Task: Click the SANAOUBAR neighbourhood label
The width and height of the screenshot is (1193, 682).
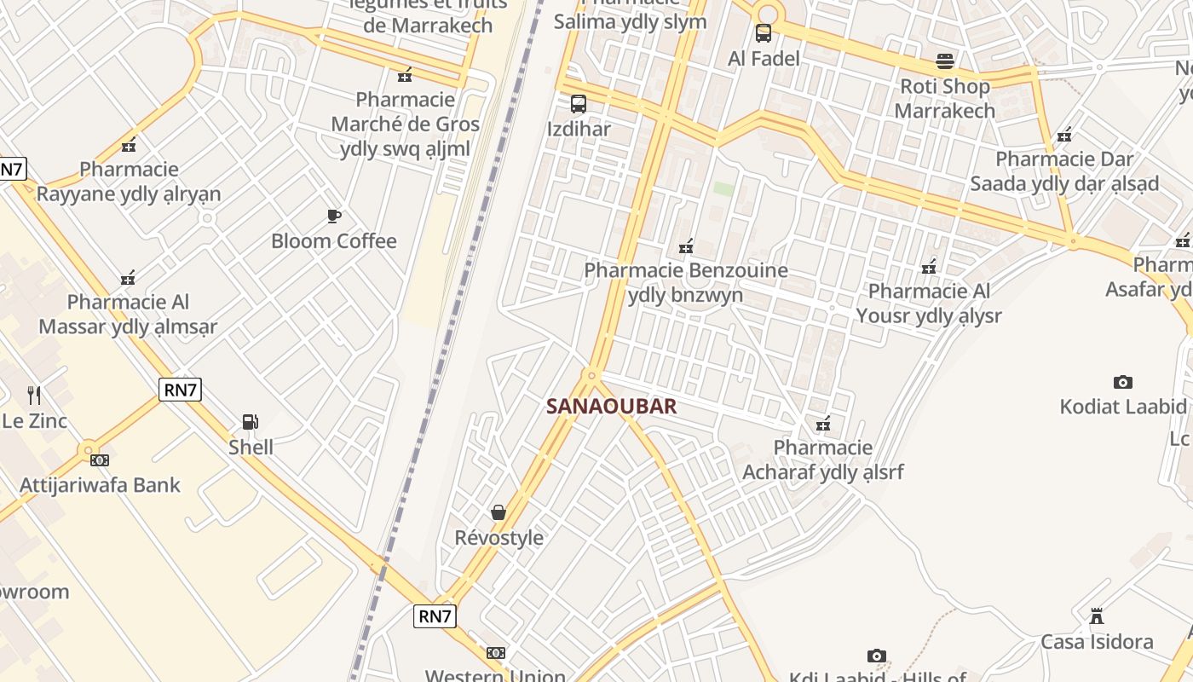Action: (611, 406)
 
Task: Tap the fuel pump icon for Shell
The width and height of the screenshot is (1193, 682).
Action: (250, 421)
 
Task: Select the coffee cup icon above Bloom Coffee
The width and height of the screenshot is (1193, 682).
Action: (334, 216)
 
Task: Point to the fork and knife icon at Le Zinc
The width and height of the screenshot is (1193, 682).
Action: (34, 395)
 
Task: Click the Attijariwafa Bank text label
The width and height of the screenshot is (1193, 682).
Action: (101, 485)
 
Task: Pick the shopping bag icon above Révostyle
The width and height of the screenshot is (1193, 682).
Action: (499, 512)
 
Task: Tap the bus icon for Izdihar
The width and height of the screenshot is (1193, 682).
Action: (579, 104)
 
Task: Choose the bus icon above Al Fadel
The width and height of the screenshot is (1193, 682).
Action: (764, 33)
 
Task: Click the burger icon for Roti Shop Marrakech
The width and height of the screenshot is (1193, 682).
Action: (944, 61)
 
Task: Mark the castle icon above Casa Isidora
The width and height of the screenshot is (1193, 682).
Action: (1097, 616)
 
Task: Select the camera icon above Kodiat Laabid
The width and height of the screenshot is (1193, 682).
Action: (1123, 382)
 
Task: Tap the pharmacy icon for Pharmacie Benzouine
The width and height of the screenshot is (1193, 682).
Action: (686, 246)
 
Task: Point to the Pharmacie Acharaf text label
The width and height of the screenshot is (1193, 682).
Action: (822, 459)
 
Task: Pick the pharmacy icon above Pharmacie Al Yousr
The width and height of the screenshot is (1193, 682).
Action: (929, 267)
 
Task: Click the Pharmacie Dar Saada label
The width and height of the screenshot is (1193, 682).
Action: (1064, 171)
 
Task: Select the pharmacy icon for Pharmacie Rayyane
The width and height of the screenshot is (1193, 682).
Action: (129, 144)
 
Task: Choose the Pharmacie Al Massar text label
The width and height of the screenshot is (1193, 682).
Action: (128, 314)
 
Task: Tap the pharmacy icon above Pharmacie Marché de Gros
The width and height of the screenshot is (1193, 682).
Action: (405, 75)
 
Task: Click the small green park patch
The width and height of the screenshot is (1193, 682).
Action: (723, 188)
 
